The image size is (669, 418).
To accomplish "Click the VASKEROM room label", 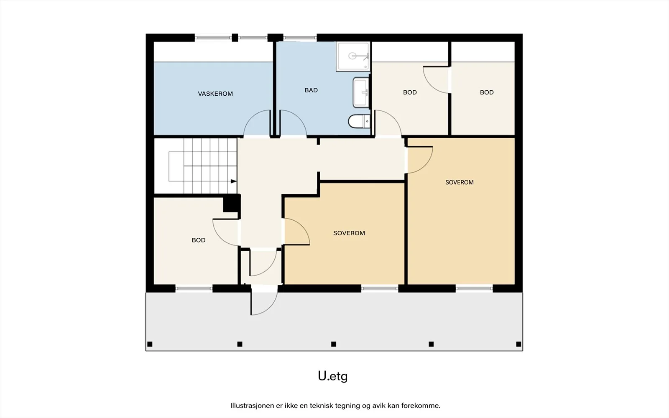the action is [x=215, y=94].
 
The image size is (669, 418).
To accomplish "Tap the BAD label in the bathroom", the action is [x=311, y=90].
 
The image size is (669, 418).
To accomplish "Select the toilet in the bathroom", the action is [x=359, y=121].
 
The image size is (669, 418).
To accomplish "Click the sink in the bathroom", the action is [x=361, y=92].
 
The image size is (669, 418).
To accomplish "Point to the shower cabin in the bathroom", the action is [x=353, y=56].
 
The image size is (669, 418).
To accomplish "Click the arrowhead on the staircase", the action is [x=234, y=181].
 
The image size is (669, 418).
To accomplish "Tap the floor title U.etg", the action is [x=333, y=376].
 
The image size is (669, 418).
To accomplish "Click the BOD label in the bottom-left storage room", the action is [x=199, y=240].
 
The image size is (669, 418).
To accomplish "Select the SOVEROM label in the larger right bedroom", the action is [x=460, y=182].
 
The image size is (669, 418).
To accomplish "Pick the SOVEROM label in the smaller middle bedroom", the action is [x=349, y=233].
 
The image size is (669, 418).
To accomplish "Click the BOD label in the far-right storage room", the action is [x=487, y=92].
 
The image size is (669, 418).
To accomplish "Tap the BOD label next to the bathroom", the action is [x=410, y=92].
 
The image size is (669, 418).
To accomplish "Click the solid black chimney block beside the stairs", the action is [x=232, y=203].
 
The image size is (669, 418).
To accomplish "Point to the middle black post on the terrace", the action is [x=334, y=344].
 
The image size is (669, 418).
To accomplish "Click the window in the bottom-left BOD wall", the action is [x=194, y=289].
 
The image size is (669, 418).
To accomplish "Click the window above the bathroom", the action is [x=300, y=38].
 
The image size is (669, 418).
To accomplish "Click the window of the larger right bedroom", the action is [x=474, y=288].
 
